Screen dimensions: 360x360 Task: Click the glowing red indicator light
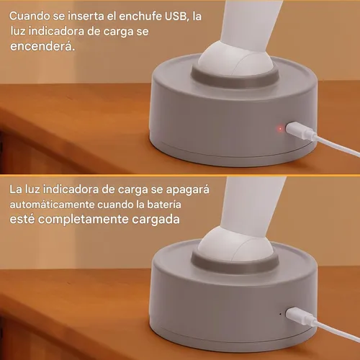pos(279,129)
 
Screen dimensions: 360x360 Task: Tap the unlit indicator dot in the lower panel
pos(279,314)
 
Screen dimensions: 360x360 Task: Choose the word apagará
pos(188,190)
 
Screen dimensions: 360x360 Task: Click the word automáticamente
pos(50,205)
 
